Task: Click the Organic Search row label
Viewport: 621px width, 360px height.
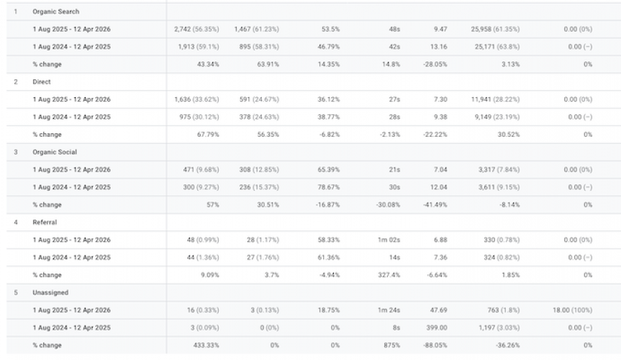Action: coord(55,12)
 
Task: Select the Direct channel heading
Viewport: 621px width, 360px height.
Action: coord(41,81)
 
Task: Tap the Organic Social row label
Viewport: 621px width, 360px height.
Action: coord(54,152)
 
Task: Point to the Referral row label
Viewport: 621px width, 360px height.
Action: coord(45,222)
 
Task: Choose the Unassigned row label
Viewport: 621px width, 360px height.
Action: coord(49,292)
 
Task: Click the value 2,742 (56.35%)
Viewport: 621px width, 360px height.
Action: coord(196,30)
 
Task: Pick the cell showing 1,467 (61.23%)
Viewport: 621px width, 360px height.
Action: coord(256,30)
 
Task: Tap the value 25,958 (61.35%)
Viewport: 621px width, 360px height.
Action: coord(496,30)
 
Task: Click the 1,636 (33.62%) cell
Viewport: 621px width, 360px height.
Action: coord(196,99)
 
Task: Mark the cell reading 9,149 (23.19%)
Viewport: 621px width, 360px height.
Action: coord(497,117)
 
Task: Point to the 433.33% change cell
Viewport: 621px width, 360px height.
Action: coord(206,346)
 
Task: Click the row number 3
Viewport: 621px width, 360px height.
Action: coord(17,152)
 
